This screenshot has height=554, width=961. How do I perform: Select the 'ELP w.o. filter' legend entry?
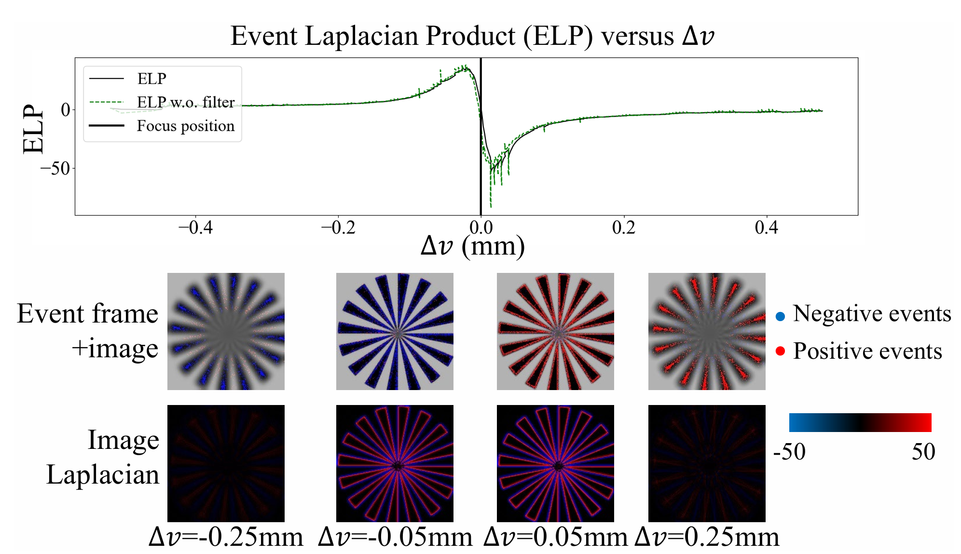click(185, 102)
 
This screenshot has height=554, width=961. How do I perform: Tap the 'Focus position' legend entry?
click(185, 126)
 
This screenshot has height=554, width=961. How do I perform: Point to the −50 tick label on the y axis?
click(55, 168)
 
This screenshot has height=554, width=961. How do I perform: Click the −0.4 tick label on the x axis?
click(195, 227)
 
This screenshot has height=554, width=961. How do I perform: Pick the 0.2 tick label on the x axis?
click(624, 227)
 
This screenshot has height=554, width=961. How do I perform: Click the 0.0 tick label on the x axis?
click(481, 227)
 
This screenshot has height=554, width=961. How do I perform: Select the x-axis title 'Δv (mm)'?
click(473, 246)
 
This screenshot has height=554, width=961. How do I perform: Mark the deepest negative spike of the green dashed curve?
click(491, 206)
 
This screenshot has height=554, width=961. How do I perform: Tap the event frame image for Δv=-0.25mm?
click(226, 331)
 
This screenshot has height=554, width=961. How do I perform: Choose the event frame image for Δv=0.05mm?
click(555, 331)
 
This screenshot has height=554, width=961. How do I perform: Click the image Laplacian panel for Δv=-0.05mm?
click(395, 463)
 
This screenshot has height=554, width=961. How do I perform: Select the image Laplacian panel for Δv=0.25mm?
click(707, 463)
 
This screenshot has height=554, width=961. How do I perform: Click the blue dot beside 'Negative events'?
click(780, 316)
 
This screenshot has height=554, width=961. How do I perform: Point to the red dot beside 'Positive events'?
click(780, 351)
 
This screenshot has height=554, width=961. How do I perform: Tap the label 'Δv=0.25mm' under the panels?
click(707, 537)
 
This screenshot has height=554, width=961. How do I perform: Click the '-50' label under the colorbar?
click(789, 452)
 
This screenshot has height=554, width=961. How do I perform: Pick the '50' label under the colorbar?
click(923, 452)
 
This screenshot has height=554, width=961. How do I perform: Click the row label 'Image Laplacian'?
click(103, 457)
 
